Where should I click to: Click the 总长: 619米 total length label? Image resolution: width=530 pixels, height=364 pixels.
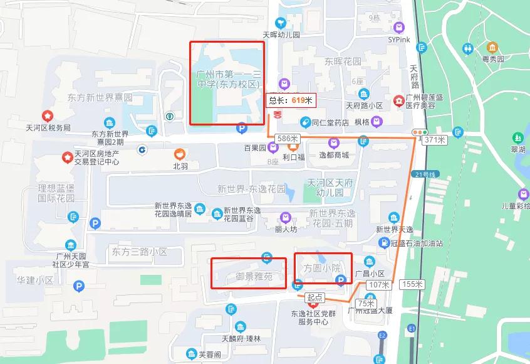tap(291, 99)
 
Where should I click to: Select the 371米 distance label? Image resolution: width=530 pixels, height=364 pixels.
tap(434, 139)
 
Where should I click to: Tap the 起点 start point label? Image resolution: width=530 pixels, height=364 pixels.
tap(314, 297)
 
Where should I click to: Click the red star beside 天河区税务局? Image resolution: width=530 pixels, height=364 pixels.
tap(46, 116)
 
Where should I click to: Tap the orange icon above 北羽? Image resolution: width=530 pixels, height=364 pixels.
tap(180, 153)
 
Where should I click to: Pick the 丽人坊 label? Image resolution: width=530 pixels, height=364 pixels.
tap(286, 230)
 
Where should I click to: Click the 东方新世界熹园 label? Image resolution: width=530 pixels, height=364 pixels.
tap(101, 97)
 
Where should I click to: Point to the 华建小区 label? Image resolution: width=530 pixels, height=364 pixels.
tap(35, 280)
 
